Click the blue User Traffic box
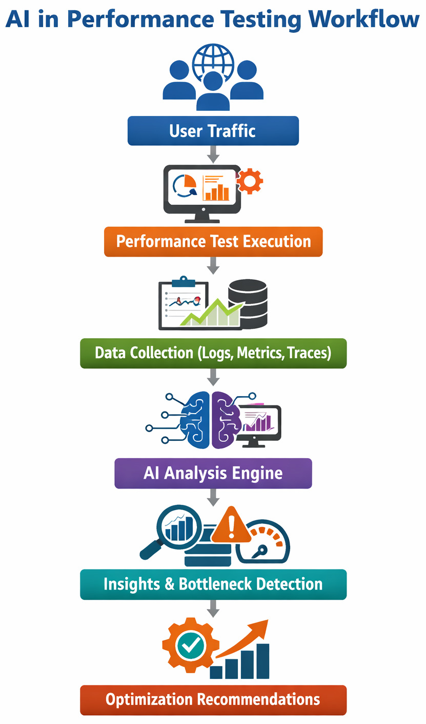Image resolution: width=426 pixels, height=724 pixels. (213, 130)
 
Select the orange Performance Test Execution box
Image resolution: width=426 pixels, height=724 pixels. (213, 241)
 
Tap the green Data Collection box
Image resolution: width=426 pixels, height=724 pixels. (213, 353)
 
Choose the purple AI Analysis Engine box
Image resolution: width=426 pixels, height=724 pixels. (213, 473)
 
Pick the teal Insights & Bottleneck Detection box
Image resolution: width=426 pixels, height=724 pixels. (213, 584)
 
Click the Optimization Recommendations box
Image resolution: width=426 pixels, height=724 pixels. (213, 699)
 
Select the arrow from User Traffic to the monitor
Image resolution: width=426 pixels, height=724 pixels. (213, 154)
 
